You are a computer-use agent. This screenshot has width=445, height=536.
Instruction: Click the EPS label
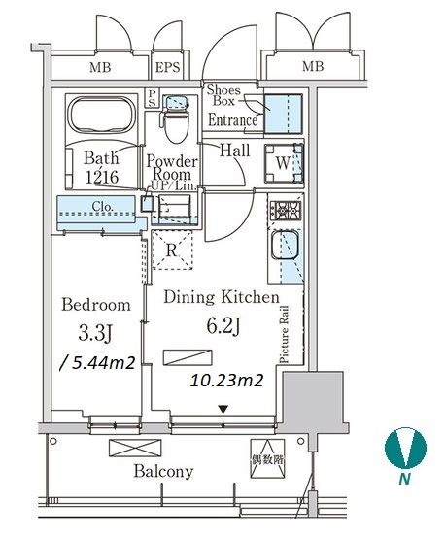pos(167,67)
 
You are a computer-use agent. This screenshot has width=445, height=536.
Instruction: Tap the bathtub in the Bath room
pos(102,115)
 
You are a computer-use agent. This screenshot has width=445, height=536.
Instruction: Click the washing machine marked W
pos(284,163)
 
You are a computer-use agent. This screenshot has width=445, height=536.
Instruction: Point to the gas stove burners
pos(286,211)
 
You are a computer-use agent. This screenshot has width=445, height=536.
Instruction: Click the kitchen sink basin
pos(285,245)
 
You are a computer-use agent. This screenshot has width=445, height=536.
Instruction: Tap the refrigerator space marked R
pos(172,251)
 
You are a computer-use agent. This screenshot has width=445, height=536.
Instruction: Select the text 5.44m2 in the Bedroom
pos(97,363)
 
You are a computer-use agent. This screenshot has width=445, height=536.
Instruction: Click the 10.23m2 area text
pos(226,380)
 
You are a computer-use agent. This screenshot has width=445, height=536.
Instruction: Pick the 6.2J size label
pos(223,326)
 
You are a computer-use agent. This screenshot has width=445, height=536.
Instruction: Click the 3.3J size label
pos(95,333)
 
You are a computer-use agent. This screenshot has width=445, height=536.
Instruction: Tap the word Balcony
pos(163,472)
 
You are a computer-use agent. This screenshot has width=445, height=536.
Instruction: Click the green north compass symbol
pos(405,448)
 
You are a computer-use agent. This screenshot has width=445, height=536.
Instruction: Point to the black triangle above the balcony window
pos(223,409)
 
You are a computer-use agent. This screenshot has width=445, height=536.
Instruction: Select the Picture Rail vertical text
pos(284,334)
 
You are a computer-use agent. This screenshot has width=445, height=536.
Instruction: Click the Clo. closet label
pos(103,207)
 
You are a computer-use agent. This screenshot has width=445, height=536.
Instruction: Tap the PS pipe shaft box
pos(152,98)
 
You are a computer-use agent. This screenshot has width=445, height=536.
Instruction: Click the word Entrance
pos(232,120)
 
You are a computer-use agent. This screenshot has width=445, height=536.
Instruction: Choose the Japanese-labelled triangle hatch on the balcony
pos(267,458)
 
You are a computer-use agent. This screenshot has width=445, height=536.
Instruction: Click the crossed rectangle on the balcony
pos(135,448)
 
